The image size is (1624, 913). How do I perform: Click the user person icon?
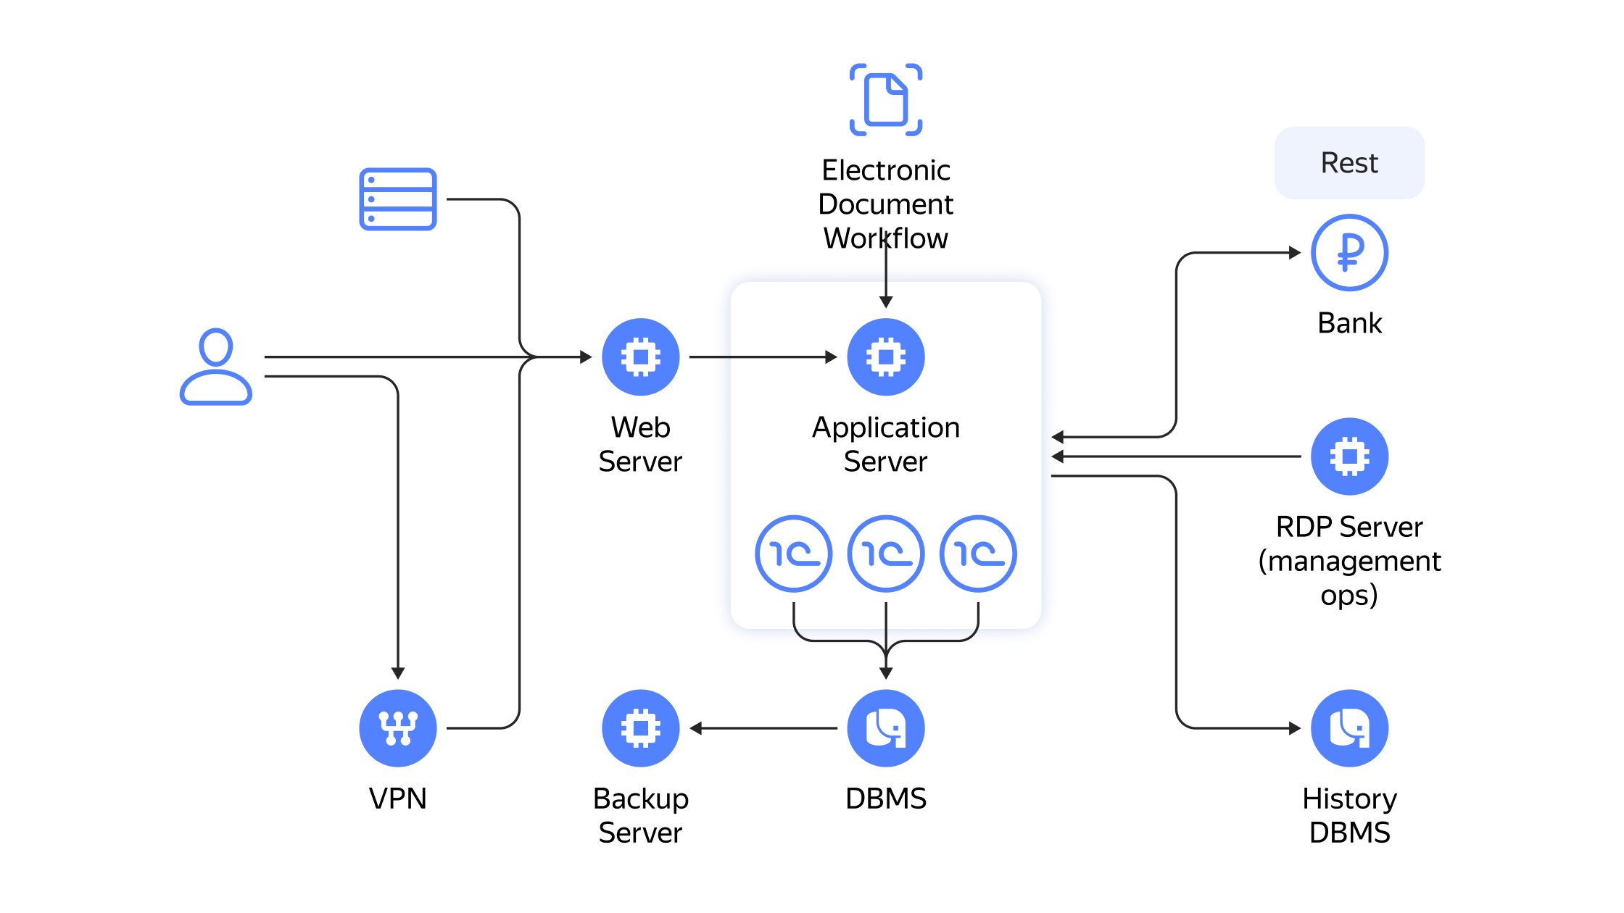click(216, 367)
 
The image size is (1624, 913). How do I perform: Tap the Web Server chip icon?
click(641, 357)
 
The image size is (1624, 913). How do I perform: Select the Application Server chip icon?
click(886, 357)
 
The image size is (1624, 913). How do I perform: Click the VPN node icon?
click(398, 728)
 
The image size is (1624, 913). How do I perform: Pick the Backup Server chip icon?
click(641, 728)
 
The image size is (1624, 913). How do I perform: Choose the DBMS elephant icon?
click(886, 728)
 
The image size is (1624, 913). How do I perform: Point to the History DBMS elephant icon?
click(1350, 728)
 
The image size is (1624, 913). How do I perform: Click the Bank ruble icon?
click(1350, 253)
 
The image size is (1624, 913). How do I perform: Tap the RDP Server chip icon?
click(1350, 456)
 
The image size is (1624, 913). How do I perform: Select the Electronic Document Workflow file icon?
click(886, 100)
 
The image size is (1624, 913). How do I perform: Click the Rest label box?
click(1350, 163)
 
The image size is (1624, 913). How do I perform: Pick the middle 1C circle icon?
click(886, 554)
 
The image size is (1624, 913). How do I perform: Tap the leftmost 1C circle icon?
click(794, 554)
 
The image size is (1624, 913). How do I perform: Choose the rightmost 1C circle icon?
click(978, 554)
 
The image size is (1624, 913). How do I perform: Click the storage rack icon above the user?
click(398, 199)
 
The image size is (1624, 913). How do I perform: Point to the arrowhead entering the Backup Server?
click(696, 728)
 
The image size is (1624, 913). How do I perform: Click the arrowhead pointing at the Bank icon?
click(1295, 253)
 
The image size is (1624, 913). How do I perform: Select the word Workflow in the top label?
click(886, 238)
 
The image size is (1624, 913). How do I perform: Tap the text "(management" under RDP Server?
click(1350, 562)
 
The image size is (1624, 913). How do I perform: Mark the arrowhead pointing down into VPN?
click(398, 673)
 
